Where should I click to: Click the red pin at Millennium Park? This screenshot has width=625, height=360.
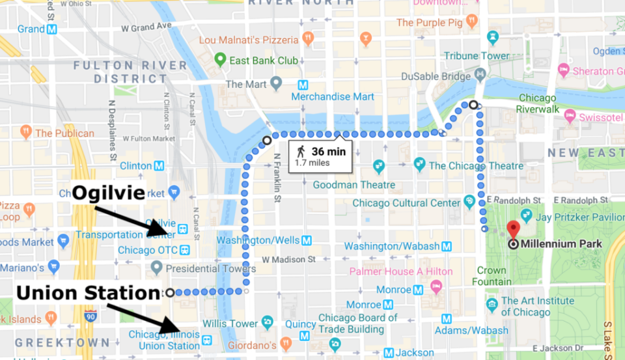pos(514,228)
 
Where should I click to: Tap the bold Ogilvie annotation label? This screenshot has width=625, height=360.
pos(107,193)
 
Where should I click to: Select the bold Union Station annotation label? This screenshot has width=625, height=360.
pos(88,293)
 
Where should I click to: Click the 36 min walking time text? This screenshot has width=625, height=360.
pos(328,152)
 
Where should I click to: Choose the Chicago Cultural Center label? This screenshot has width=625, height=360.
pos(406,203)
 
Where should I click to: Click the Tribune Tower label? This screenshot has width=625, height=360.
pos(477,56)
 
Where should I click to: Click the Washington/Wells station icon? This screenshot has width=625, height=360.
pos(307,241)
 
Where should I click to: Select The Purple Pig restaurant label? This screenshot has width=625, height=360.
pos(431,22)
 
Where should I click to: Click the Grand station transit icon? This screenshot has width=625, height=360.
pos(52,29)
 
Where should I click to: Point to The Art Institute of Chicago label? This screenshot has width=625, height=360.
pos(538,306)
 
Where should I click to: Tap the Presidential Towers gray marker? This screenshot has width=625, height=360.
pos(156,268)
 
